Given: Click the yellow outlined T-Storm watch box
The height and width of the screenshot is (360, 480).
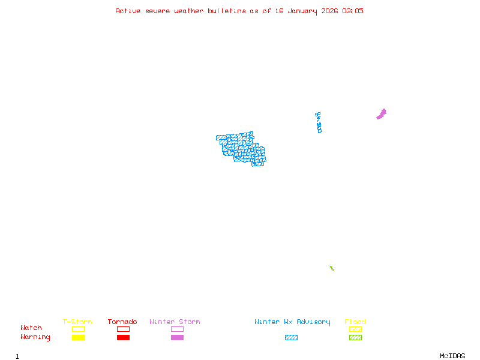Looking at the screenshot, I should pyautogui.click(x=78, y=329).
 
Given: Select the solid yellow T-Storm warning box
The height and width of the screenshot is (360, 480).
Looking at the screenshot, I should pyautogui.click(x=78, y=337).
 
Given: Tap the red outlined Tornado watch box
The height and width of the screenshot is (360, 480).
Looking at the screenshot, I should pyautogui.click(x=123, y=329).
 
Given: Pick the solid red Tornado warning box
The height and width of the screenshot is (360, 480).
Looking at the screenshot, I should pyautogui.click(x=123, y=337).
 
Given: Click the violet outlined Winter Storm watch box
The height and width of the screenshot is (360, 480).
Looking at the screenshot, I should pyautogui.click(x=177, y=329).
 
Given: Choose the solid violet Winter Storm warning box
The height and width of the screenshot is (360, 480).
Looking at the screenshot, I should pyautogui.click(x=177, y=337).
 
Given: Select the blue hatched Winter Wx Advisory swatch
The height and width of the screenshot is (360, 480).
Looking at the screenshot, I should pyautogui.click(x=291, y=337).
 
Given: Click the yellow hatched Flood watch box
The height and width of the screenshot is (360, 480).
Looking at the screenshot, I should pyautogui.click(x=355, y=329).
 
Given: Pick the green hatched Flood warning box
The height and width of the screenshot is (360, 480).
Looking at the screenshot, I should pyautogui.click(x=355, y=337).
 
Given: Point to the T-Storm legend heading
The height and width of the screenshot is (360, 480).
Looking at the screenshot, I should pyautogui.click(x=77, y=322).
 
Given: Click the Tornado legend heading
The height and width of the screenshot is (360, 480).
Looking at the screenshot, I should pyautogui.click(x=122, y=322).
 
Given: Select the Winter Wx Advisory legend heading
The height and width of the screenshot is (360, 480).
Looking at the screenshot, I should pyautogui.click(x=292, y=322).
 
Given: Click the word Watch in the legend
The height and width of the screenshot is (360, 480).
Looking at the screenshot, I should pyautogui.click(x=31, y=328).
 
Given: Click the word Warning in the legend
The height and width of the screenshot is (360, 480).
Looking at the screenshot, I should pyautogui.click(x=35, y=337).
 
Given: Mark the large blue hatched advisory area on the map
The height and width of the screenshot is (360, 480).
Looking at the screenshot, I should pyautogui.click(x=240, y=147).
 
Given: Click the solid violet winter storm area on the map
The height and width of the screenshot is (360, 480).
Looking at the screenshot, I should pyautogui.click(x=381, y=114).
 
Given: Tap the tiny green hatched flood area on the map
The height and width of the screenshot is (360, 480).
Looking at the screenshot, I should pyautogui.click(x=331, y=268).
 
